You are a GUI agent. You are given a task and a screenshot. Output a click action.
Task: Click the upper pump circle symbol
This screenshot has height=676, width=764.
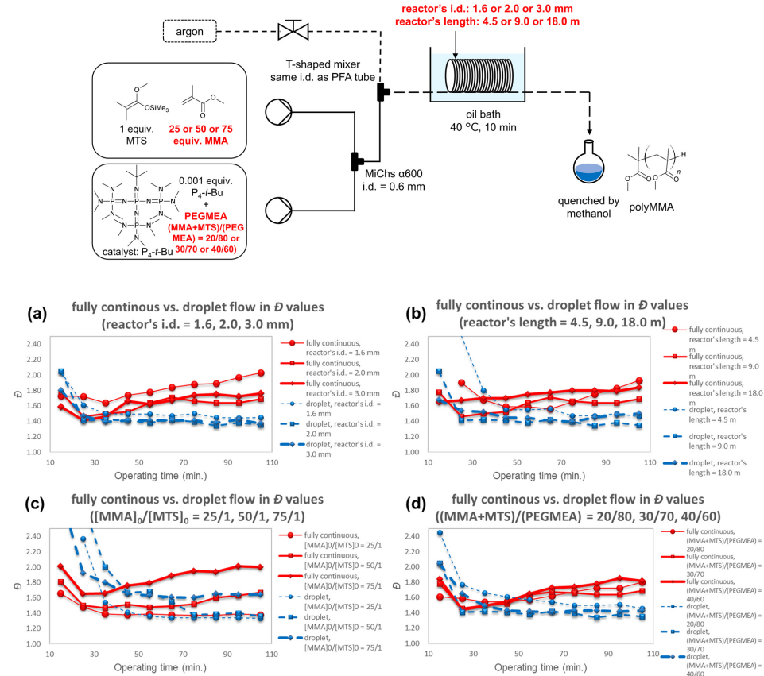283,111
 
